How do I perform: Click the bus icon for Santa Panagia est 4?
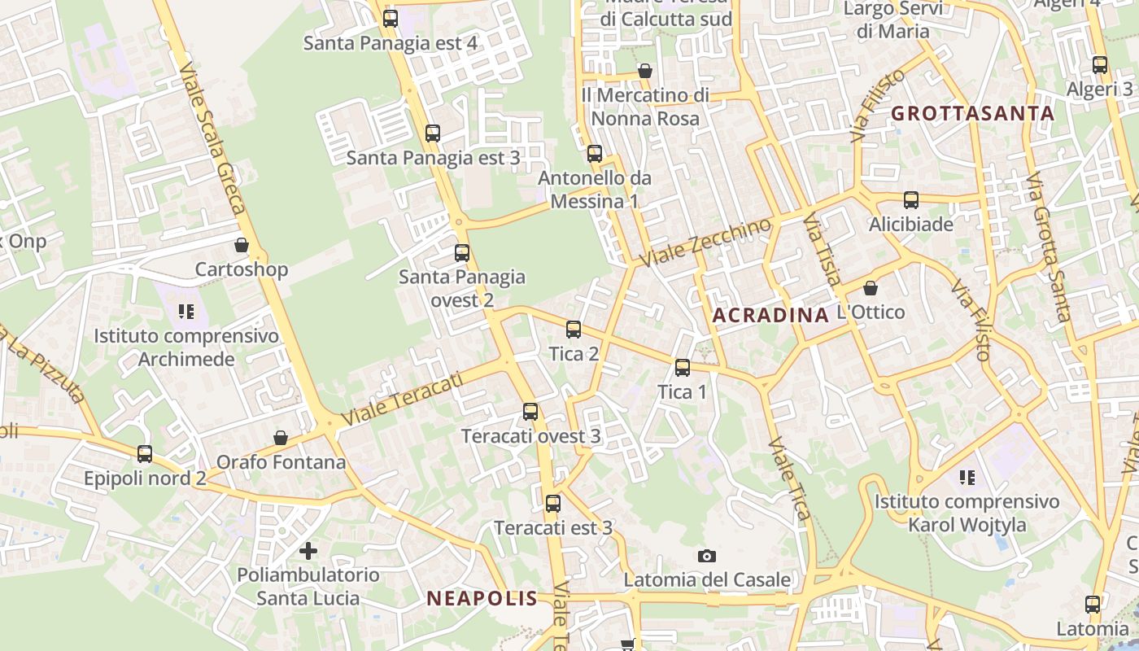pyautogui.click(x=391, y=19)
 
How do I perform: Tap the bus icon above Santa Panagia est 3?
pyautogui.click(x=433, y=133)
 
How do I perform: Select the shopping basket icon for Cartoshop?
pyautogui.click(x=242, y=244)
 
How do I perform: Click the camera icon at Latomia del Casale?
pyautogui.click(x=707, y=556)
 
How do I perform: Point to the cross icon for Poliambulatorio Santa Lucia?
pyautogui.click(x=308, y=551)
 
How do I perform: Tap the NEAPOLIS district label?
pyautogui.click(x=482, y=599)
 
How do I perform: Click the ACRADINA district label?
pyautogui.click(x=770, y=316)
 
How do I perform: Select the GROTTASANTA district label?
pyautogui.click(x=973, y=114)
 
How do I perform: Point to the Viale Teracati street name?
pyautogui.click(x=402, y=399)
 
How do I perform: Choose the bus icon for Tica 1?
pyautogui.click(x=683, y=368)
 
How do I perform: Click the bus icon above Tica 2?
pyautogui.click(x=574, y=330)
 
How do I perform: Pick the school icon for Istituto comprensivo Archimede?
pyautogui.click(x=186, y=311)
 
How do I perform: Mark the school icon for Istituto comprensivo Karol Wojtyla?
pyautogui.click(x=967, y=477)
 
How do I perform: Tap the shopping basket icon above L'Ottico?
pyautogui.click(x=871, y=288)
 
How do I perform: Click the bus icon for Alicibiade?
pyautogui.click(x=911, y=200)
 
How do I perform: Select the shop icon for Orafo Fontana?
pyautogui.click(x=281, y=438)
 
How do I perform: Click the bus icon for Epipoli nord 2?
pyautogui.click(x=145, y=454)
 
